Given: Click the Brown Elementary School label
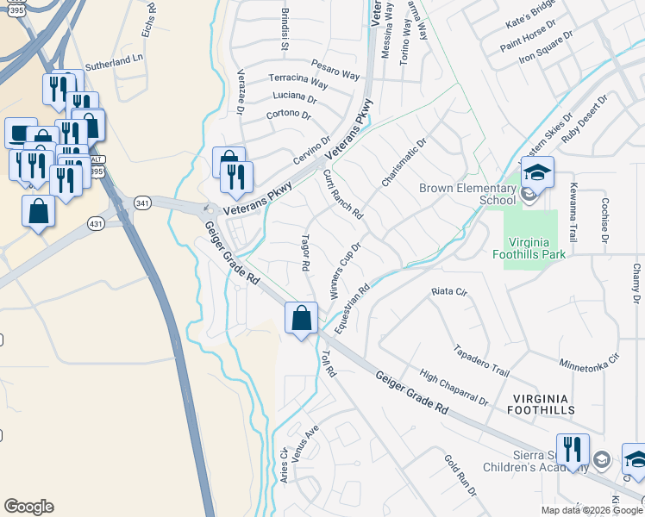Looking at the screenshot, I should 467,194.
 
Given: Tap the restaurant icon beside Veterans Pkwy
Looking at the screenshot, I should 236,177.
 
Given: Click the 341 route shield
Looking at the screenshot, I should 143,202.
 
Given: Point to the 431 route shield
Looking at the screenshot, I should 97,223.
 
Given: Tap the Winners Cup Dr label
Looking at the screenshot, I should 344,271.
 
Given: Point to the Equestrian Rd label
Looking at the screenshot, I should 351,308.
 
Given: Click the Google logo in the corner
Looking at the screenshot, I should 28,507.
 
